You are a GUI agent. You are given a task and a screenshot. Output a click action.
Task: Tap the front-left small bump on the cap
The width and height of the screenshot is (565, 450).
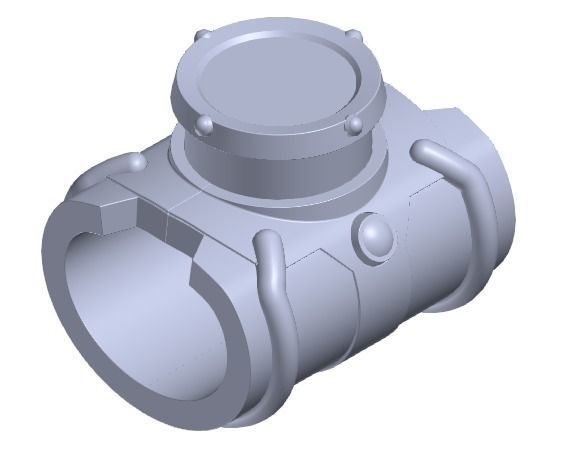click(x=205, y=124)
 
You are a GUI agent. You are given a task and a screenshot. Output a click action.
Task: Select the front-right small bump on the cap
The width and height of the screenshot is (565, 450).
click(x=353, y=126)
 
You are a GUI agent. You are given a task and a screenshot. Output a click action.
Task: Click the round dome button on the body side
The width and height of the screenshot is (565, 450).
click(x=374, y=238)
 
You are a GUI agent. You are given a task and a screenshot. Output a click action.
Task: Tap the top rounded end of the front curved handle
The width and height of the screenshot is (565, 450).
click(x=269, y=240)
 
